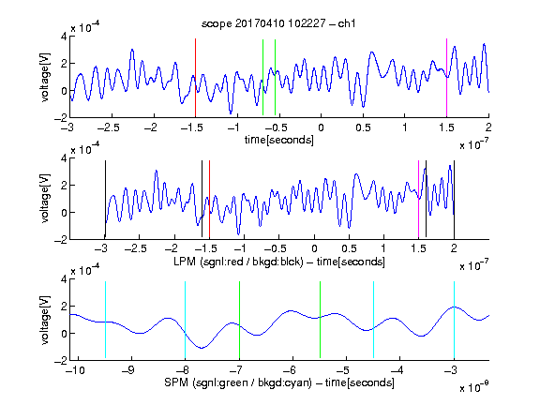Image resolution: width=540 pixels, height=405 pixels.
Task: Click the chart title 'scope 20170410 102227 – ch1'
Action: pos(278,23)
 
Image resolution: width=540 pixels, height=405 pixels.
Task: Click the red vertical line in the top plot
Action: pos(195,78)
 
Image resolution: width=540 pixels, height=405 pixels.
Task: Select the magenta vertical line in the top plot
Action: pos(446,78)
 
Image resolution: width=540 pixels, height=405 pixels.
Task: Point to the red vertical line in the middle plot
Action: pos(209,199)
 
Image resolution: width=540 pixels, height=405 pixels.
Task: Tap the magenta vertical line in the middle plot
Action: pos(418,199)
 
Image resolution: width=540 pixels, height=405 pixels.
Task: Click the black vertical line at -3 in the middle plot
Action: pos(105,199)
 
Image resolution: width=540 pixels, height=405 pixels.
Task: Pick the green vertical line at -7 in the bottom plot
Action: pos(239,320)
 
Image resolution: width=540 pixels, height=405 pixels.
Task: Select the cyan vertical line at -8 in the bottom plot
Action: pos(185,320)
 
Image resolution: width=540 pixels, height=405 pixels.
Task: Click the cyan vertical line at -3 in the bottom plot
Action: pos(454,320)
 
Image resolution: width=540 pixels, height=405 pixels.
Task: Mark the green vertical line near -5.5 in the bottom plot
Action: pos(320,320)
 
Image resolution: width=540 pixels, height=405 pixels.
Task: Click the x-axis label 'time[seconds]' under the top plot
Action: pos(279,140)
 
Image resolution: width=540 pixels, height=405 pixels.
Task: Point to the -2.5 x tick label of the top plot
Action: pos(108,127)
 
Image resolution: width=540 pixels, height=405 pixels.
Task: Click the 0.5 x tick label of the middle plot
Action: pos(349,248)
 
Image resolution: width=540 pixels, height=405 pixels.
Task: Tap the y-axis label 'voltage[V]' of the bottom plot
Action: pos(45,320)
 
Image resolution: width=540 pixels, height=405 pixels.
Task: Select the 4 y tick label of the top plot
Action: pos(64,37)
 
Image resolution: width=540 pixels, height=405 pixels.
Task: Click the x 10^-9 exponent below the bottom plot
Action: pos(474,387)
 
